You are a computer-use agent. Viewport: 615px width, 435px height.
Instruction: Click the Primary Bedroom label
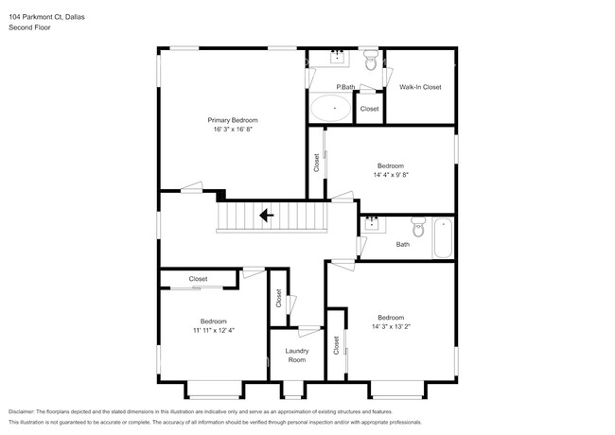233,120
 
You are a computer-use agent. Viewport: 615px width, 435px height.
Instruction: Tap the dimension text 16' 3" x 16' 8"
233,130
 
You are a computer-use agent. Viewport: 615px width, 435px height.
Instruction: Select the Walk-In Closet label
420,87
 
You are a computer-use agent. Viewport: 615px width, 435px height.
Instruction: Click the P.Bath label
345,88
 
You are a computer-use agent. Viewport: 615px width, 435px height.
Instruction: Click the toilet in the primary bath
371,61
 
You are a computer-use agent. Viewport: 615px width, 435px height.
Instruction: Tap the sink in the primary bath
338,58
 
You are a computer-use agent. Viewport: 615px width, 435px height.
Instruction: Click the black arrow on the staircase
268,216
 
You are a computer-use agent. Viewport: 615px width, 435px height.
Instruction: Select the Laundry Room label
296,355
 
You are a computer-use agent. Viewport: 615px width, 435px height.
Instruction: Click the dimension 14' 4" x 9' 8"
391,175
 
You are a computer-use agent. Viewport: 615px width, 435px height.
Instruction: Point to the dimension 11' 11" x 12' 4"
213,330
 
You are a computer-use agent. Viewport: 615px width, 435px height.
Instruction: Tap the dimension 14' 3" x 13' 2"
391,326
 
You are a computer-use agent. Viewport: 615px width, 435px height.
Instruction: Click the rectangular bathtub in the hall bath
443,238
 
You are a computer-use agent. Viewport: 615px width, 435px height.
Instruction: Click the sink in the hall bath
372,223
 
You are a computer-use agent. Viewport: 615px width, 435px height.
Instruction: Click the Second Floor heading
28,27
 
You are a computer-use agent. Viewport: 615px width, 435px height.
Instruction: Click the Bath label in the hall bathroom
403,244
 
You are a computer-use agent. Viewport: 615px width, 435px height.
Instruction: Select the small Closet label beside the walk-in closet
369,109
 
